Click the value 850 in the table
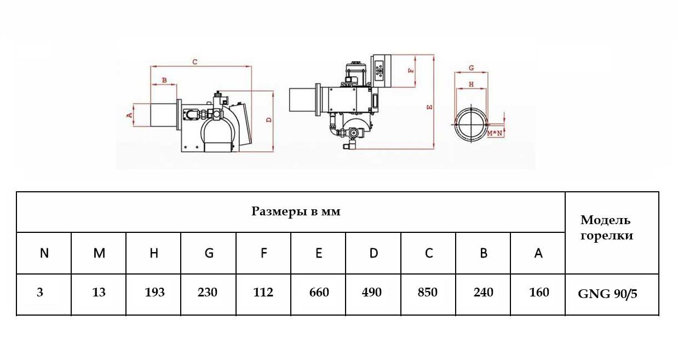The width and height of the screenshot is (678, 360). tap(427, 293)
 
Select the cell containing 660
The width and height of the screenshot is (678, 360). tap(319, 293)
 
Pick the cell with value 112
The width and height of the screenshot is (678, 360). tap(263, 293)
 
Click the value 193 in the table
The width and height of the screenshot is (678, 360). tap(154, 293)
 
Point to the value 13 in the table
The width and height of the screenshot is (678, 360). tap(99, 293)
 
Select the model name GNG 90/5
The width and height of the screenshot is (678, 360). tap(608, 294)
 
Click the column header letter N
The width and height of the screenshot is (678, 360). tap(44, 253)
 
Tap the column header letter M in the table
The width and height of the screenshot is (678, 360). tap(99, 253)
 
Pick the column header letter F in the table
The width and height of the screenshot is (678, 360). tap(263, 253)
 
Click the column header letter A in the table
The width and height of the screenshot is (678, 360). tap(538, 253)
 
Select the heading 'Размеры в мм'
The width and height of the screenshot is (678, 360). tap(296, 212)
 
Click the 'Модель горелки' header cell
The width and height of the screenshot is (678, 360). tap(606, 228)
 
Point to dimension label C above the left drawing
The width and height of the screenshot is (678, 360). tap(195, 62)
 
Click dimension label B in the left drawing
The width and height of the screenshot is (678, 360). tap(164, 81)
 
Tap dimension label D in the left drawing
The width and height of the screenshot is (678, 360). tap(268, 120)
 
